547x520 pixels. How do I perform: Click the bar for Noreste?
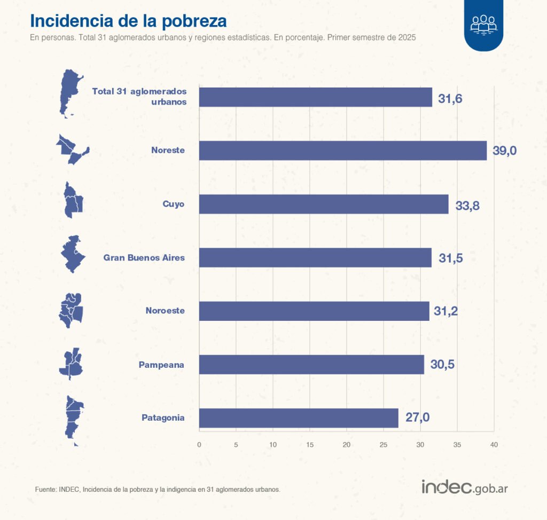[342, 151]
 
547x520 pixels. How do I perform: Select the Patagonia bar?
[299, 418]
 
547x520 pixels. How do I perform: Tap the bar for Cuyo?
[324, 204]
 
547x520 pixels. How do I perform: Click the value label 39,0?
[504, 151]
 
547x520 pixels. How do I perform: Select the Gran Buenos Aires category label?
[144, 258]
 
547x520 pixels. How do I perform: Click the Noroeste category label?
[165, 311]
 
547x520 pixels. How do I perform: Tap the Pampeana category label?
[161, 365]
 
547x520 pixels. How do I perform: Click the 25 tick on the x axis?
[384, 445]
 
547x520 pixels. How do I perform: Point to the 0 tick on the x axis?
[199, 445]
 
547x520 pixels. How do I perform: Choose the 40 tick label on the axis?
[494, 445]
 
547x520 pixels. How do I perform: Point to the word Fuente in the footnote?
[45, 489]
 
